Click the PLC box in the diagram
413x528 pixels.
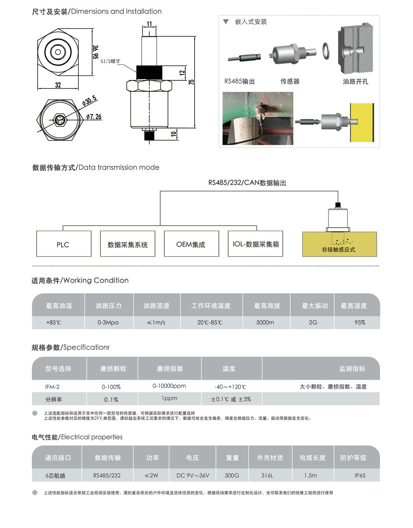(63, 244)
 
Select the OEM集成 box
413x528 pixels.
(190, 244)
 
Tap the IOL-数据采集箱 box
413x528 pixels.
(255, 244)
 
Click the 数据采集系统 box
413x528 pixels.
(128, 245)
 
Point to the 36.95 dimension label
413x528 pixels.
(95, 52)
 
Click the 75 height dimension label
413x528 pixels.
(192, 82)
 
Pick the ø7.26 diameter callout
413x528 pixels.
(94, 117)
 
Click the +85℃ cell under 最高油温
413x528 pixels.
(53, 322)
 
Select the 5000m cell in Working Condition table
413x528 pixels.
(265, 322)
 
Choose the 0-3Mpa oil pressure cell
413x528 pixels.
(108, 322)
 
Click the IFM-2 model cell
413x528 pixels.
(52, 387)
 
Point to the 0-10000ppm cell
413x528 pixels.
(169, 386)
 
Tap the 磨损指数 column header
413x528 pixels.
(170, 369)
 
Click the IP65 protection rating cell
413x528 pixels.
(360, 476)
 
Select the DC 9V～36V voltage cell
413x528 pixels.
(193, 476)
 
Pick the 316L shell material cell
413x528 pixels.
(267, 476)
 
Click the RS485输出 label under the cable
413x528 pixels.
(240, 81)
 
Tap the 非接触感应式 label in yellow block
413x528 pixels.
(339, 250)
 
